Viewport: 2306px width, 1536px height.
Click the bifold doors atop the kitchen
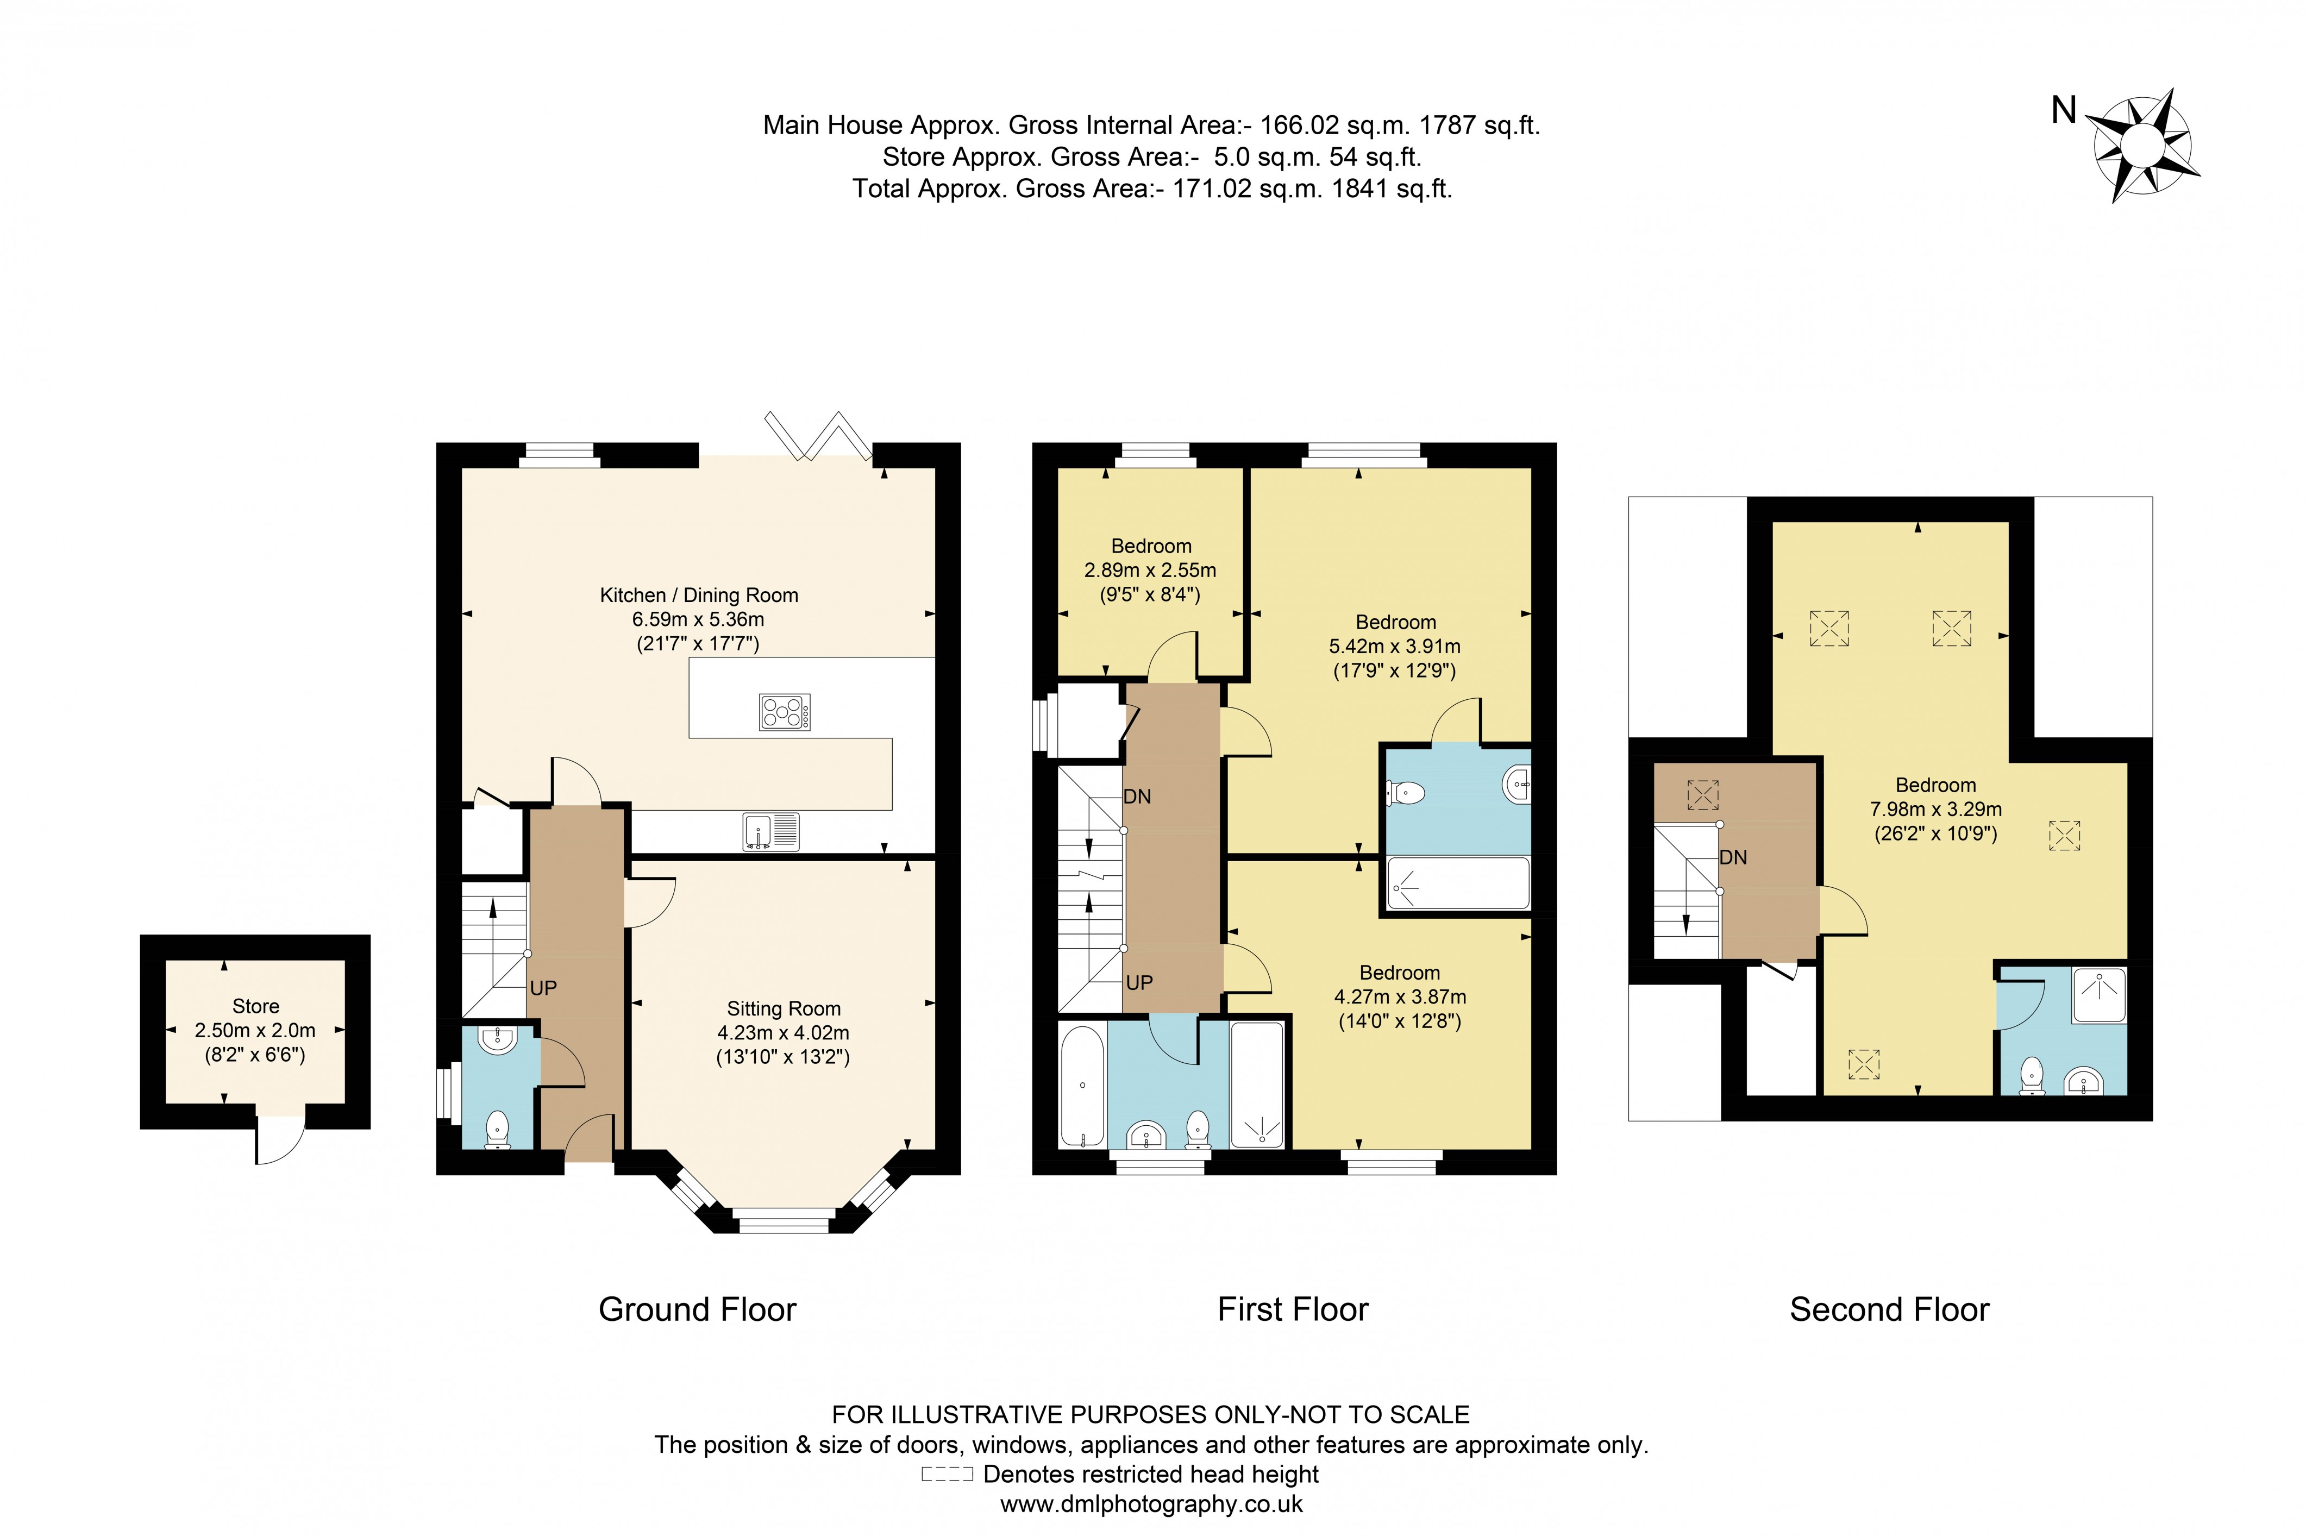[x=818, y=436]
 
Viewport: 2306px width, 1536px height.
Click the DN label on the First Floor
[x=1136, y=797]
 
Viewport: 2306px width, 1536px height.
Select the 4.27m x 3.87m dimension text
[x=1399, y=997]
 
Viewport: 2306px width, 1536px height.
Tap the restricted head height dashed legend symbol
[x=947, y=1474]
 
